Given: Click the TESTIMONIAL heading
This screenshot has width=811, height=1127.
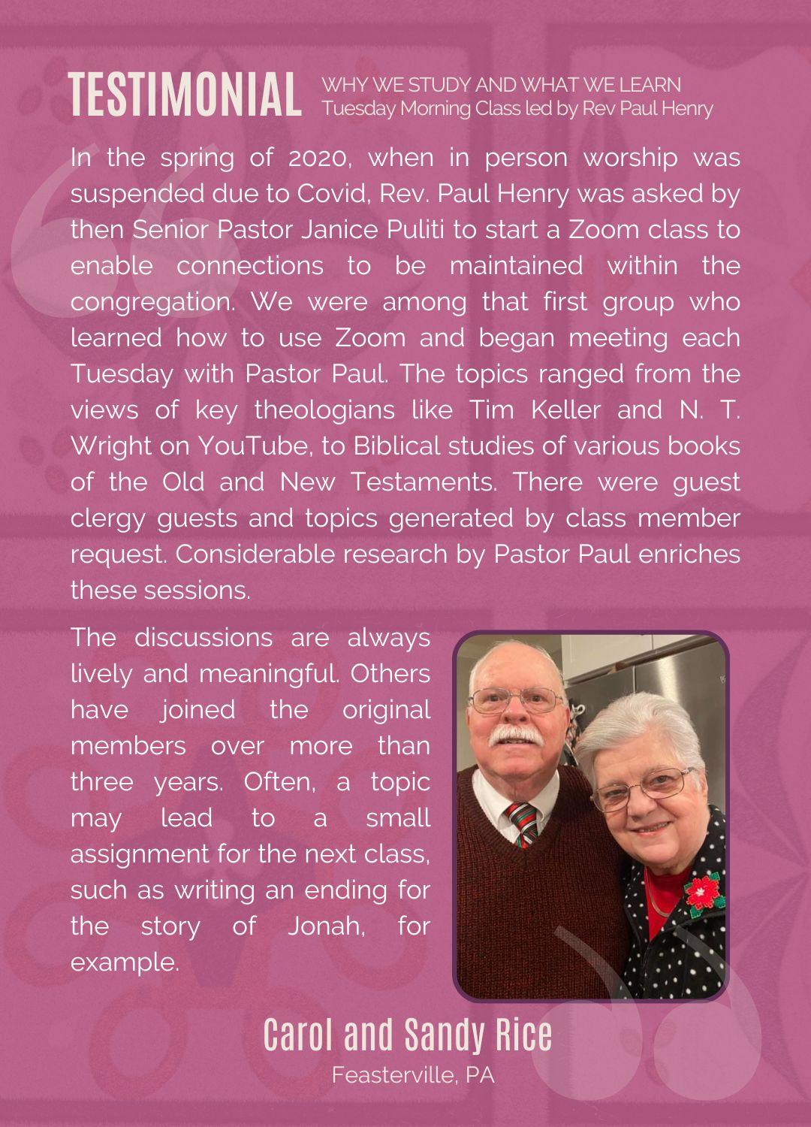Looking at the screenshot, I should pos(184,95).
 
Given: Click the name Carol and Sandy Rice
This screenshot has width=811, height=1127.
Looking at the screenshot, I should pos(408,1035).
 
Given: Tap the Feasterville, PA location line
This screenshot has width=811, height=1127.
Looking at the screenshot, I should pos(413,1075).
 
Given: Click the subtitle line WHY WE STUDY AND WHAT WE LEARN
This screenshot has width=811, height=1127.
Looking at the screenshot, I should pos(502,85).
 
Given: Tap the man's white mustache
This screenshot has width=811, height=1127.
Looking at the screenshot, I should pos(516,736).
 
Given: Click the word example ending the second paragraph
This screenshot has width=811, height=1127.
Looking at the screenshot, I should pos(124,962).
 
